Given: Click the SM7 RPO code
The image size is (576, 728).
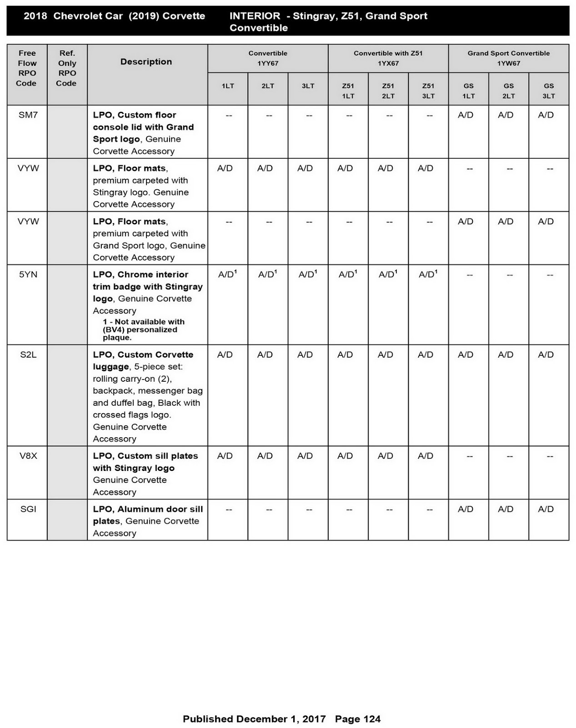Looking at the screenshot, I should pyautogui.click(x=28, y=115).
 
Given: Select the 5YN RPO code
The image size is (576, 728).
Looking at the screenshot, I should pyautogui.click(x=28, y=274).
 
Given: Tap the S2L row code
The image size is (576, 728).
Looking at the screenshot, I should pyautogui.click(x=28, y=354).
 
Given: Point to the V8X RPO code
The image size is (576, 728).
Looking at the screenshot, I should pyautogui.click(x=28, y=455).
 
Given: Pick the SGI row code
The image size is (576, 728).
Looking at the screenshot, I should pyautogui.click(x=28, y=509).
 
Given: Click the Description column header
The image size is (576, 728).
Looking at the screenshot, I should pyautogui.click(x=146, y=62).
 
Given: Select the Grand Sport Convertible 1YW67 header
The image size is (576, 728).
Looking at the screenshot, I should pyautogui.click(x=508, y=58).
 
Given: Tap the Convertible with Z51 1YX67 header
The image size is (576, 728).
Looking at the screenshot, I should pyautogui.click(x=388, y=58).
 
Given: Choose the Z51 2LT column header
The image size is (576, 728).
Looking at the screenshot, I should pyautogui.click(x=388, y=91).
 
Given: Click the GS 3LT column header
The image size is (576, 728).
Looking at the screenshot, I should pyautogui.click(x=548, y=91).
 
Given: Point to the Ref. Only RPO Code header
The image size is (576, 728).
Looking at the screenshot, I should pyautogui.click(x=67, y=68).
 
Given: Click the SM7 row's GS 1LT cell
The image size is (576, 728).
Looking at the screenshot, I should pyautogui.click(x=466, y=115).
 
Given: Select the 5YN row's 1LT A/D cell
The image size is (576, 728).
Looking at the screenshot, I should pyautogui.click(x=227, y=274).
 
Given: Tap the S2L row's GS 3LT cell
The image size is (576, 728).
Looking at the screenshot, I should pyautogui.click(x=546, y=354).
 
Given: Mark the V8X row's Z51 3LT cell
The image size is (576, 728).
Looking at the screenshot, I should pyautogui.click(x=426, y=455).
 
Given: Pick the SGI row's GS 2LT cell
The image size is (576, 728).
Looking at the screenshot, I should pyautogui.click(x=506, y=509).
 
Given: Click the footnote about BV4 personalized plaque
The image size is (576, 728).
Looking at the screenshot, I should pyautogui.click(x=143, y=329).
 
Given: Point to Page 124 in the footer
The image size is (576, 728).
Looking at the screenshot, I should pyautogui.click(x=357, y=719).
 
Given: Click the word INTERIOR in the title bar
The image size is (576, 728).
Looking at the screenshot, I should pyautogui.click(x=255, y=16).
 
